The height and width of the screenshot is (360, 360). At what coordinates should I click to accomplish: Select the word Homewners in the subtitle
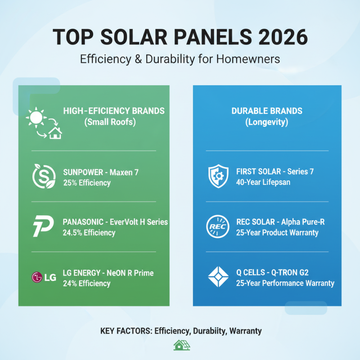[x=257, y=58]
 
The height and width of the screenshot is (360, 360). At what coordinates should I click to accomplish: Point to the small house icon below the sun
[x=55, y=133]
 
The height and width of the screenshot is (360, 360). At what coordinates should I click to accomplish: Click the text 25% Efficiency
[x=87, y=183]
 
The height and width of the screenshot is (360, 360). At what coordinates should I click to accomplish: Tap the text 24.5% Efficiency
[x=89, y=233]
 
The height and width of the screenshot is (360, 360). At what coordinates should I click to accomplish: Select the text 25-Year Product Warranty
[x=277, y=233]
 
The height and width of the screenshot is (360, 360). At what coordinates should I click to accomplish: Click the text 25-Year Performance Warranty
[x=285, y=283]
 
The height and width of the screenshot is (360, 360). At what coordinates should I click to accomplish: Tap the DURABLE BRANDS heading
[x=267, y=111]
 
